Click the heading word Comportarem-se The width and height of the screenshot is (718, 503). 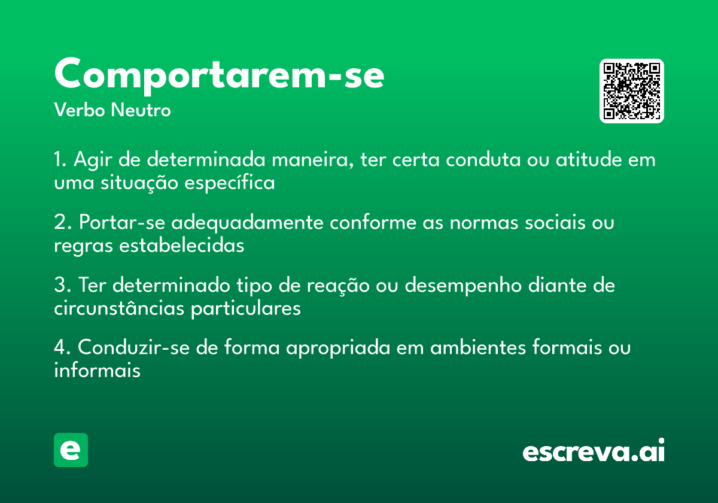pyautogui.click(x=219, y=75)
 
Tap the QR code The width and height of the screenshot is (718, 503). pyautogui.click(x=632, y=91)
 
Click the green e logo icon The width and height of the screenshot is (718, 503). pyautogui.click(x=71, y=450)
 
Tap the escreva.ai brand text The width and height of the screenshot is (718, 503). pyautogui.click(x=594, y=452)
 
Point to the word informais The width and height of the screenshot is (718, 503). pyautogui.click(x=97, y=371)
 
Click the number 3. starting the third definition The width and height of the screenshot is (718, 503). pyautogui.click(x=63, y=286)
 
